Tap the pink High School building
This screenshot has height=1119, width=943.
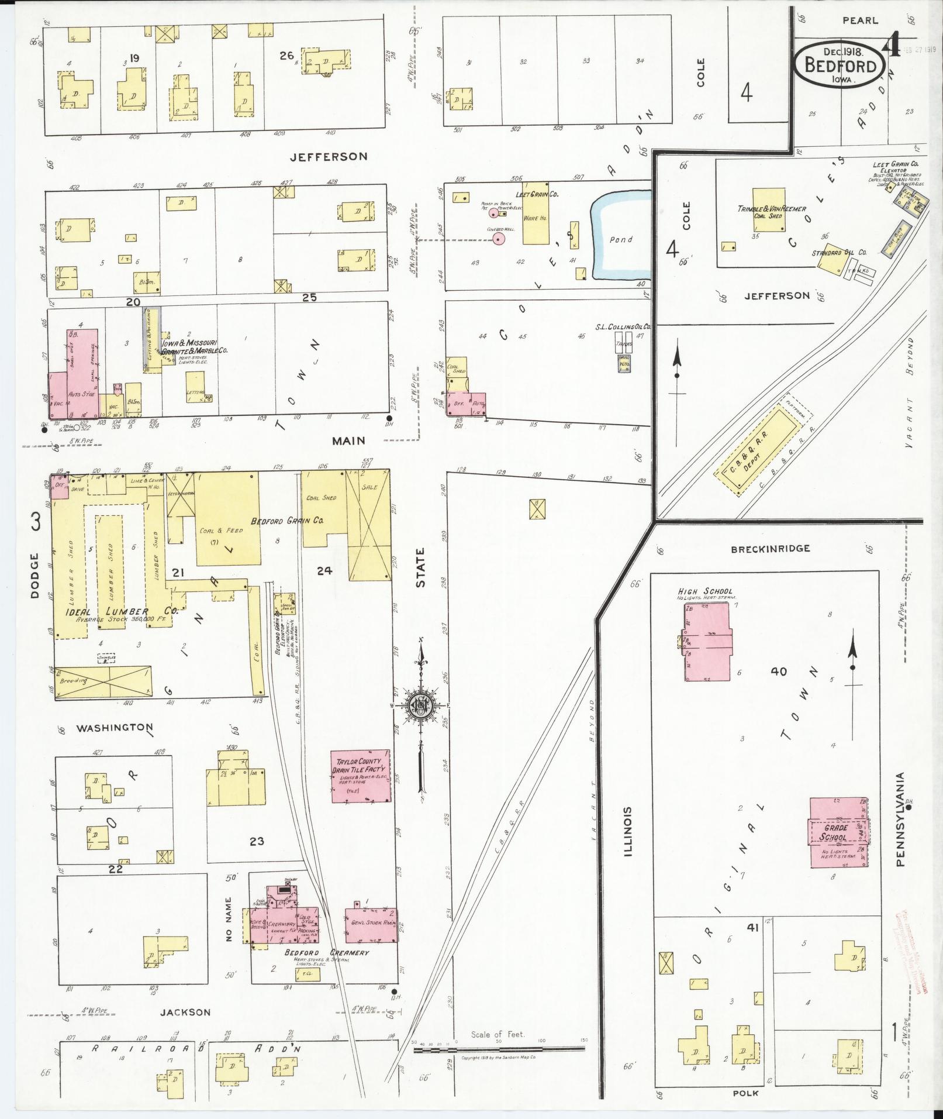[707, 642]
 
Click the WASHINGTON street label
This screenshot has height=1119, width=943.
[114, 727]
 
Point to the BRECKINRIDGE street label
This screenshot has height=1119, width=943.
[770, 549]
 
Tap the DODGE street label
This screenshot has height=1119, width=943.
[34, 576]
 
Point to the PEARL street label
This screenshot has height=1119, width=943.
[859, 20]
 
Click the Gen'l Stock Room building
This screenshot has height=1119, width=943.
[371, 924]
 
